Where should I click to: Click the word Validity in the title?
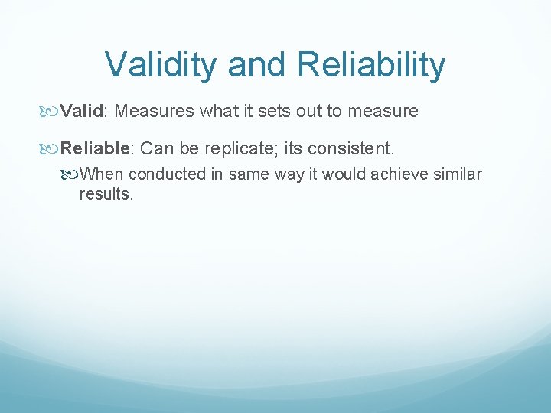161,65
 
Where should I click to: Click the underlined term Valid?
82,112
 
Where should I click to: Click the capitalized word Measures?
156,112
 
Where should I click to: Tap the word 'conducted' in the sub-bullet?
169,174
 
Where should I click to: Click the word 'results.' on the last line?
106,194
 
